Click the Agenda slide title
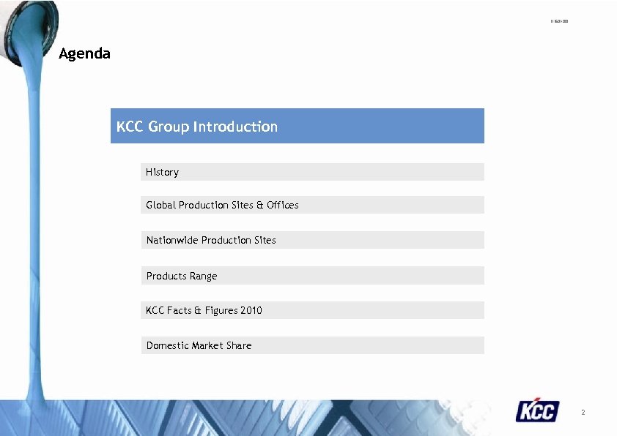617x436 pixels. pos(84,53)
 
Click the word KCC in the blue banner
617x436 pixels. pos(130,127)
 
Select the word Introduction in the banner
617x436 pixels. pos(235,127)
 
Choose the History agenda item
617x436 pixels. pos(162,172)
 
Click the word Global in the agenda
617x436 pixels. pos(160,205)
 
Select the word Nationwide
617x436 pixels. pos(172,240)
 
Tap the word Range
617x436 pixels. pos(203,276)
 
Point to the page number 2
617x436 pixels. pos(583,413)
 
